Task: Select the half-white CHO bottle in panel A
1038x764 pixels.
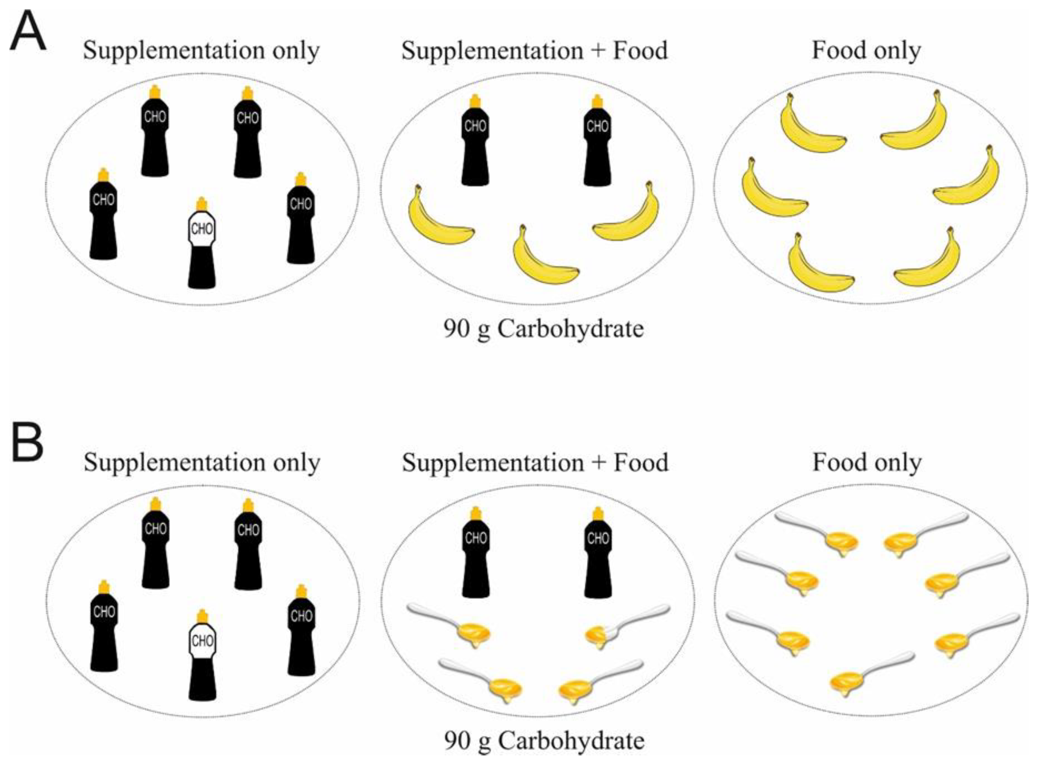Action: tap(202, 245)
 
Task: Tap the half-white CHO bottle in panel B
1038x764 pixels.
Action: tap(202, 657)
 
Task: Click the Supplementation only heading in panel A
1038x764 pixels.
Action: tap(201, 51)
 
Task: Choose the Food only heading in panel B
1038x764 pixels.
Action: tap(867, 463)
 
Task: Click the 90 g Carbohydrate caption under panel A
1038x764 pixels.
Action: tap(544, 329)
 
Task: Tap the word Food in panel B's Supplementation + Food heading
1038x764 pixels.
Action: tap(641, 463)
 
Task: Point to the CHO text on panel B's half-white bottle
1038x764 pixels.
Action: tap(202, 641)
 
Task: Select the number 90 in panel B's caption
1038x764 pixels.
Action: tap(457, 741)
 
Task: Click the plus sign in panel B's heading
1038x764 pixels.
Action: tap(598, 463)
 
